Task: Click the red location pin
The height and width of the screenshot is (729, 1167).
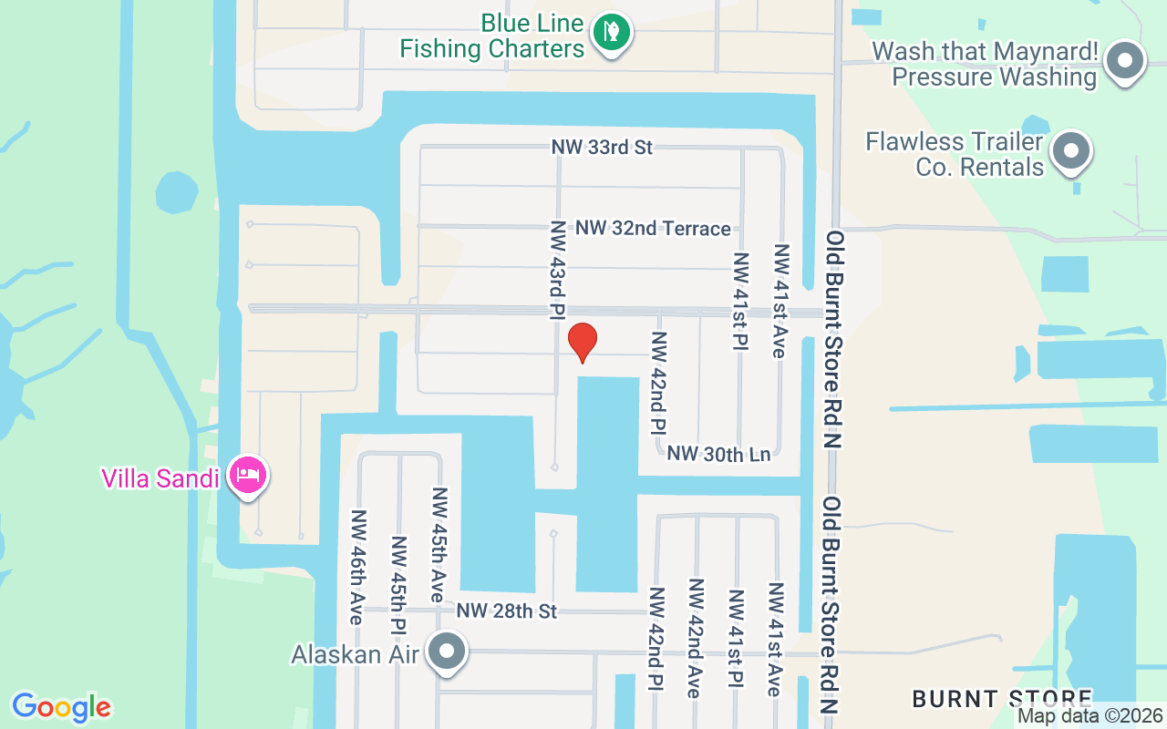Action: [582, 342]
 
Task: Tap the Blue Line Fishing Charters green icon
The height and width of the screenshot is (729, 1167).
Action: [612, 33]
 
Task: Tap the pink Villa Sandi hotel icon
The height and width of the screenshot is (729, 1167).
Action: [248, 475]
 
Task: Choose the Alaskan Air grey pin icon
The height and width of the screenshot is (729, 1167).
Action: [447, 652]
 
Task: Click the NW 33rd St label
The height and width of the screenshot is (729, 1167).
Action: [602, 147]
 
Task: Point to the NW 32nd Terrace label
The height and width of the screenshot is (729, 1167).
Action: [653, 228]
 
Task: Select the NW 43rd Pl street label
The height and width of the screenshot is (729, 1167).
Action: [557, 270]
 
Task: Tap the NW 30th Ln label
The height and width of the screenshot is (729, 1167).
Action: [718, 453]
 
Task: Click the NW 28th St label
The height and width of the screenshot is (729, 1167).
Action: [507, 611]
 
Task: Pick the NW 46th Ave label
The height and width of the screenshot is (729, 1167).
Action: [356, 567]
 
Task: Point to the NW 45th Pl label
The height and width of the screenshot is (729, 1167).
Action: [398, 583]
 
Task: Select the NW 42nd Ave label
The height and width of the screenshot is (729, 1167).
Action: [695, 638]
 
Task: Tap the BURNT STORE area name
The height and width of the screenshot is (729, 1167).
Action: [1002, 699]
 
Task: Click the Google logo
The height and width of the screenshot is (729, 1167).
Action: [61, 707]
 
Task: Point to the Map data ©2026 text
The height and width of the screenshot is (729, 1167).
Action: [1090, 715]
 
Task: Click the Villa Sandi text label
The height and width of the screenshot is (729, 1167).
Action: [160, 477]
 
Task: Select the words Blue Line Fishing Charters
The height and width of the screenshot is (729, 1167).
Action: [492, 35]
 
